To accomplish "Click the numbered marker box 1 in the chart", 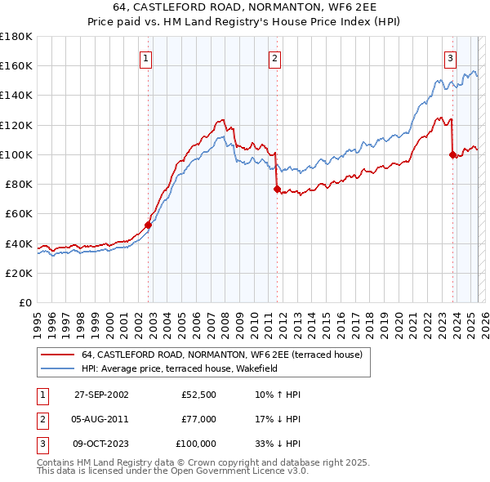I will coord(145,58).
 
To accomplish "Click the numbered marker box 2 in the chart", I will coord(274,58).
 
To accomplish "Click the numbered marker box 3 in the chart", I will coord(450,58).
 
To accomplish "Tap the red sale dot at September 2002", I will coord(149,225).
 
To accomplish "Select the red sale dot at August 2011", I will coord(277,189).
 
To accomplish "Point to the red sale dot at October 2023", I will coord(452,154).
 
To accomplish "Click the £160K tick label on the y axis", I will coord(16,65).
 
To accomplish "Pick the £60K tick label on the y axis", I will coord(19,213).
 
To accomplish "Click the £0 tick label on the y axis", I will coord(24,302).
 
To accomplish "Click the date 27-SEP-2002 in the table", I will coord(101,395).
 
